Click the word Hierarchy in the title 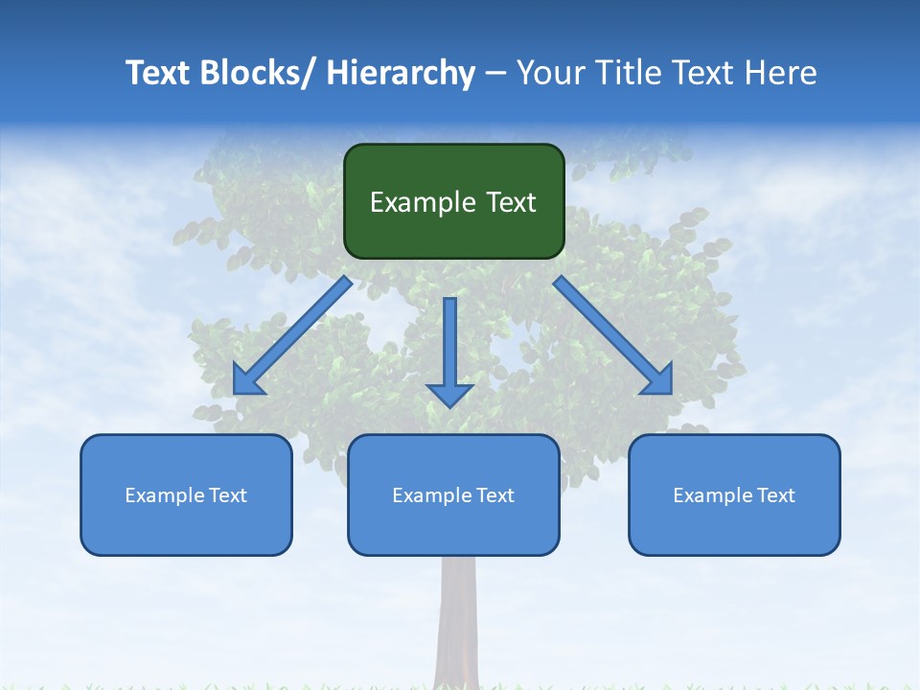coord(401,73)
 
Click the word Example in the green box coord(423,202)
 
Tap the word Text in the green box coord(511,202)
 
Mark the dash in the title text coord(495,74)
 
